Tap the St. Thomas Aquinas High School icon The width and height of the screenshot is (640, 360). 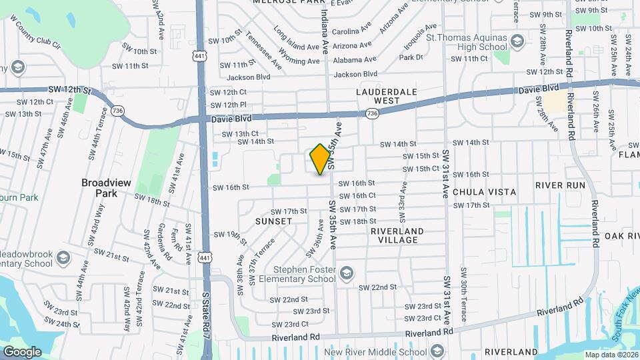[517, 42]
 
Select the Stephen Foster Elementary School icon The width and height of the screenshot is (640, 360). [346, 273]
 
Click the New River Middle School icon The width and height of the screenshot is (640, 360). [437, 351]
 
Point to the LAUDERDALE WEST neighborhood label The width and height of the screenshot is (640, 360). [387, 95]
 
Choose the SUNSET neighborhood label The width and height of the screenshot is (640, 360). [273, 221]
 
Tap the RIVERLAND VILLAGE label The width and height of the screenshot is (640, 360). [397, 236]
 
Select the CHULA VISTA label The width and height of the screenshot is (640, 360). [484, 192]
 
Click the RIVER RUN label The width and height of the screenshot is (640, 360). [560, 185]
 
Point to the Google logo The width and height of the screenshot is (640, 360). [22, 351]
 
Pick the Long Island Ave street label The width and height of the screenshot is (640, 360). [297, 42]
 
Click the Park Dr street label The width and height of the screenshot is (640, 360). [411, 57]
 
